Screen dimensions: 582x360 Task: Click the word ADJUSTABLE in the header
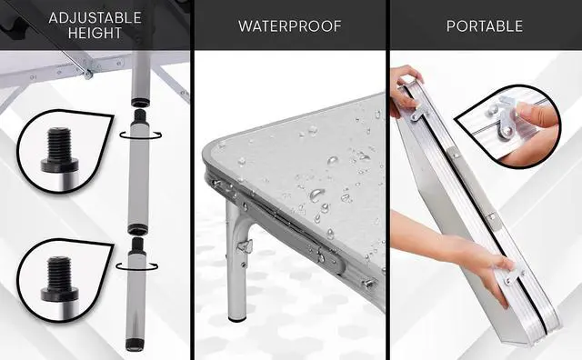tap(95, 18)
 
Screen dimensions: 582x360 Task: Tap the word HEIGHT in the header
tap(95, 33)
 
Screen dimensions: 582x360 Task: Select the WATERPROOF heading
tap(290, 26)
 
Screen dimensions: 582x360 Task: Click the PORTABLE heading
tap(485, 26)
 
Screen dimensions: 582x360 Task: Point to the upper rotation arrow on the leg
tap(141, 136)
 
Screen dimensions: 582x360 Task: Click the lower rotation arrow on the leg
tap(137, 267)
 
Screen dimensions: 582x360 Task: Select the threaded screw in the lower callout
tap(59, 279)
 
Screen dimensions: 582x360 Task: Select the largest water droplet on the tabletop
tap(316, 195)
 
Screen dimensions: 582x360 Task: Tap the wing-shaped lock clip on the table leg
tap(245, 245)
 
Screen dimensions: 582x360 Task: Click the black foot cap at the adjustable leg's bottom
tap(134, 345)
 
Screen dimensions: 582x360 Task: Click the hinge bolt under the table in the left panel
tap(88, 73)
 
